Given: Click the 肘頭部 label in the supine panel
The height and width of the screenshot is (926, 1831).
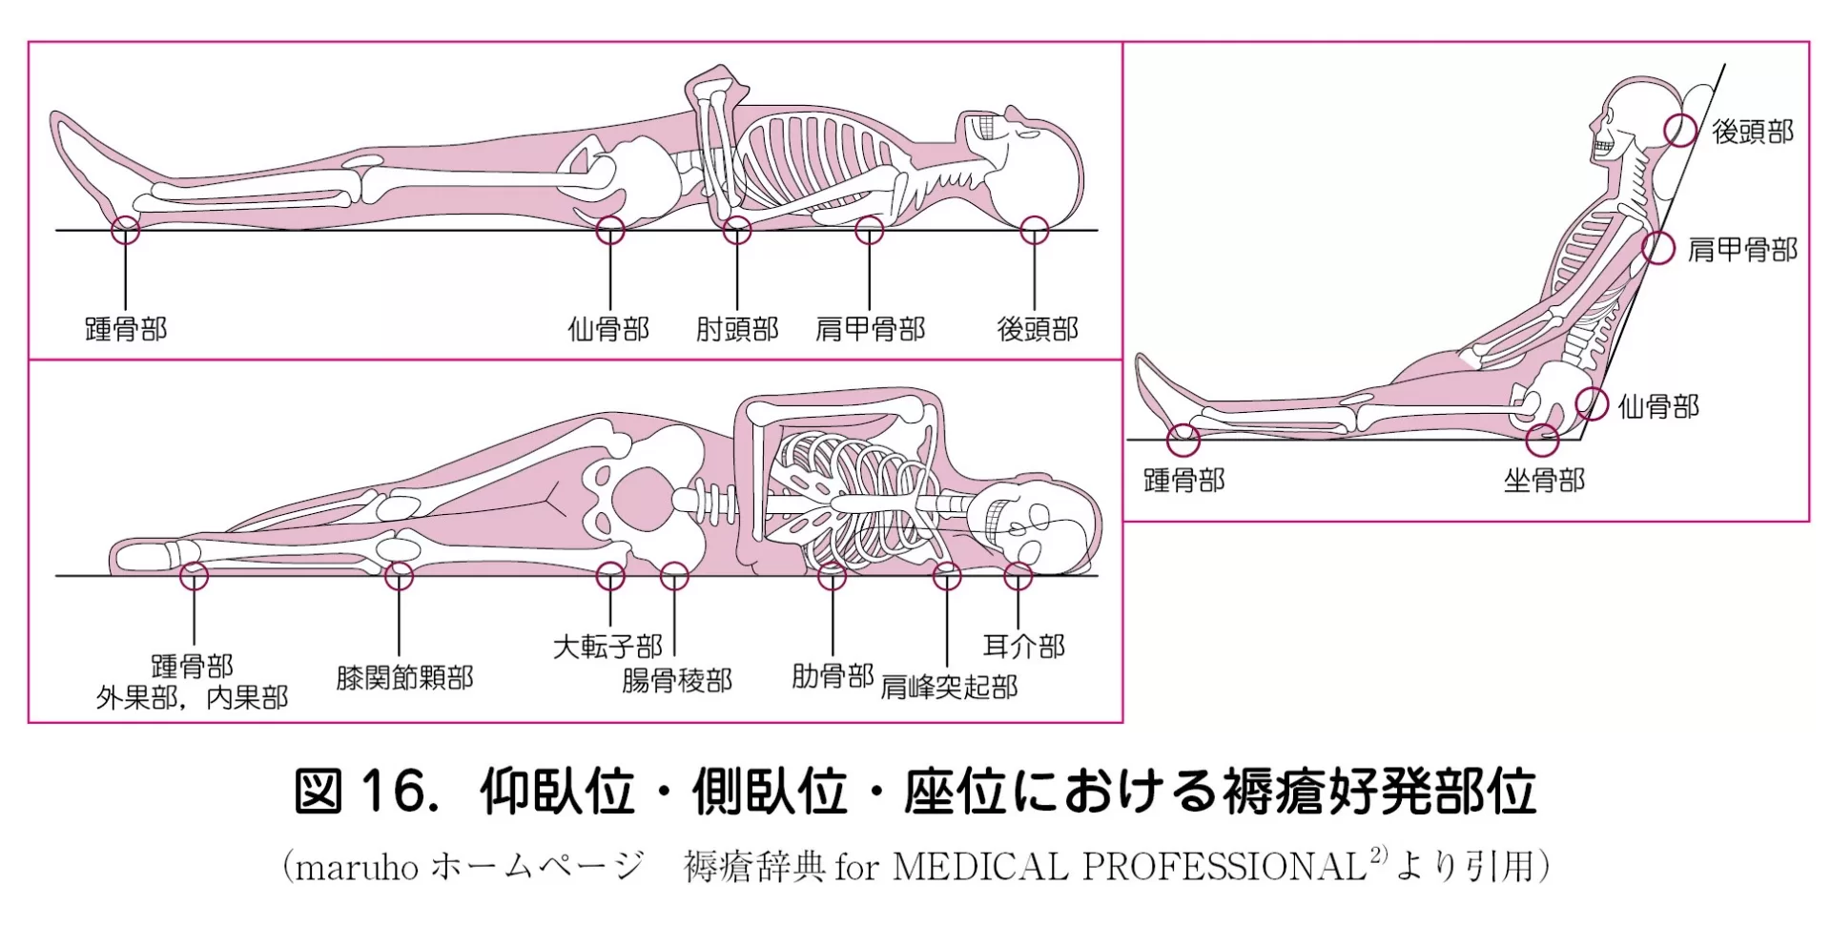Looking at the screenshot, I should tap(736, 329).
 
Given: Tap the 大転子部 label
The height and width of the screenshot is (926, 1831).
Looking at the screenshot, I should tap(607, 648).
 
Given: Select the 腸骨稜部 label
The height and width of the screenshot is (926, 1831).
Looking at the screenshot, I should tap(677, 681).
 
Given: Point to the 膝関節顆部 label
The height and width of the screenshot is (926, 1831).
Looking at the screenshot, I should tap(404, 678).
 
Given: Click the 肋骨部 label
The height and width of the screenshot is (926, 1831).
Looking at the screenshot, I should tap(833, 676).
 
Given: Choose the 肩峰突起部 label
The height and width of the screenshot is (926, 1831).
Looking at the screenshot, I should tap(949, 687).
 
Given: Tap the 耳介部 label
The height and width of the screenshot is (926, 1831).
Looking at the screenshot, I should tap(1023, 647).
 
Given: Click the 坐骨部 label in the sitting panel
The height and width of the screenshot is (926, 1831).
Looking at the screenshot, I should tap(1544, 480).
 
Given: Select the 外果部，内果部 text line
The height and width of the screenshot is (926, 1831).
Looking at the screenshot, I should tap(192, 698).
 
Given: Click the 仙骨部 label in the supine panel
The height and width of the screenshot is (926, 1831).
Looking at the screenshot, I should tap(608, 329).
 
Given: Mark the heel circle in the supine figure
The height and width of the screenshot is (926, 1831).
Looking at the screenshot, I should tap(126, 230).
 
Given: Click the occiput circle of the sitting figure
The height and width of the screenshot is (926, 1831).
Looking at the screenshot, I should tap(1681, 131).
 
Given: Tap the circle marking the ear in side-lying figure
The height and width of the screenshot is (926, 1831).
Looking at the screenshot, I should tap(1018, 576).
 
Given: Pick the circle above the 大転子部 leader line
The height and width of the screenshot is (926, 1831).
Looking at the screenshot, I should tap(610, 576).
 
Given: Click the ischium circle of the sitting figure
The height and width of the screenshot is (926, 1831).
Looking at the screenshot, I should tap(1542, 441).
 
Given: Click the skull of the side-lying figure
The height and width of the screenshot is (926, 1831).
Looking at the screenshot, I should tap(1030, 525).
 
